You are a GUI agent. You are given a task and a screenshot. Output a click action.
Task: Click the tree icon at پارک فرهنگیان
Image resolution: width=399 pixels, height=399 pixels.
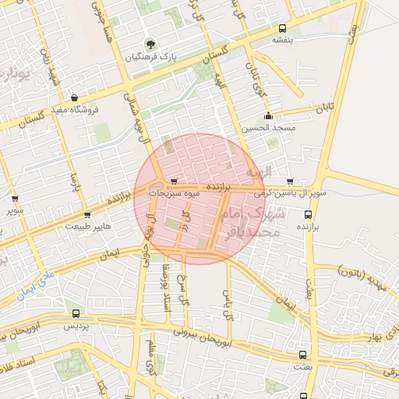[x=150, y=44]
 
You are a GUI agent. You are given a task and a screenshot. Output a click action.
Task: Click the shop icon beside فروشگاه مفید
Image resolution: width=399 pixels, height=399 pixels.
[x=74, y=98]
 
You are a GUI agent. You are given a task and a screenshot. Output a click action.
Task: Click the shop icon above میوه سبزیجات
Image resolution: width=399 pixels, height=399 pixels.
[x=174, y=182]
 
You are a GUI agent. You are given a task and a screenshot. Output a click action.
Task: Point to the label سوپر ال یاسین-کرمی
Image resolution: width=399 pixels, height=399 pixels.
[x=290, y=192]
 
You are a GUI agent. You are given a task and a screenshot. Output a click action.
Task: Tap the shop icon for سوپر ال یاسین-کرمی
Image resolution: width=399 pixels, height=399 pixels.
[x=291, y=181]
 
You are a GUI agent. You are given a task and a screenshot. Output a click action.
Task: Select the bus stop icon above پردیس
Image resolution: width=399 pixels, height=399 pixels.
[x=76, y=313]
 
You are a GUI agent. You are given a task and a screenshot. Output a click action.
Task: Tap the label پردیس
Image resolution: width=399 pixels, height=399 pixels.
[x=76, y=325]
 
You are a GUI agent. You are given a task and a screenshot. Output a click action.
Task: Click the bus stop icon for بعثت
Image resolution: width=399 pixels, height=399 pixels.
[x=303, y=355]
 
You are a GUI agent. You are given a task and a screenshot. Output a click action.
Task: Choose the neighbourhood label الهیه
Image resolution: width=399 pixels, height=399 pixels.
[x=258, y=171]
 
